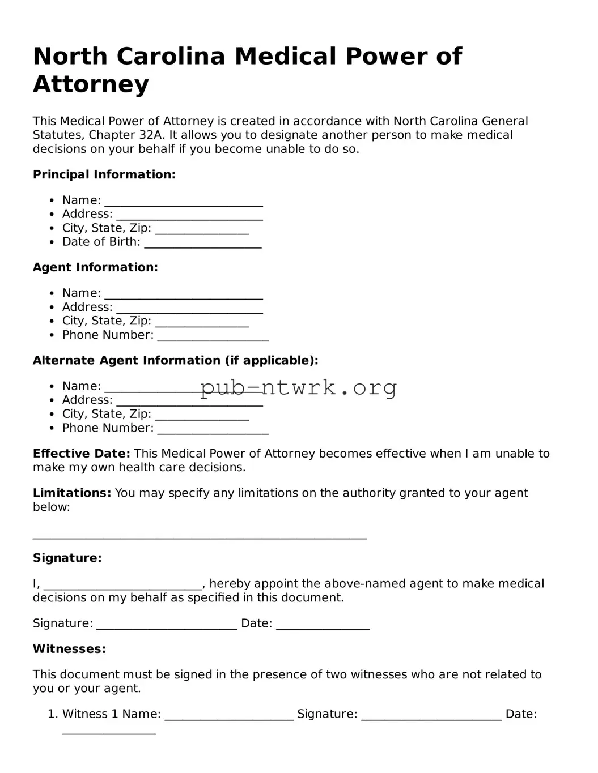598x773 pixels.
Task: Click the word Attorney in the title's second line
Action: [x=91, y=84]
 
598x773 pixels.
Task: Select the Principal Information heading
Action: [x=104, y=174]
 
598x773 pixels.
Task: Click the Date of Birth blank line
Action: [x=202, y=244]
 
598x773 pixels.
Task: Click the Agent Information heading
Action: [x=95, y=267]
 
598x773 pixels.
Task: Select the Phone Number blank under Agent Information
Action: [x=213, y=337]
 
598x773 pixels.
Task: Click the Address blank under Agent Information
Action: [x=189, y=309]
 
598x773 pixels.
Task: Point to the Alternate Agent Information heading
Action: [x=176, y=361]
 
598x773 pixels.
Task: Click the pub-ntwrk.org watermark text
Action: [x=299, y=388]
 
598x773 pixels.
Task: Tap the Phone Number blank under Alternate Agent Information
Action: [x=213, y=430]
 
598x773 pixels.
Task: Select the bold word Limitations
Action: [x=72, y=493]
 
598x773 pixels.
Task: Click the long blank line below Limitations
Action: [x=200, y=536]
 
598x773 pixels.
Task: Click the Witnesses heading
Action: [x=69, y=649]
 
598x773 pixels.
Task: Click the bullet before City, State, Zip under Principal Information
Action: [x=52, y=228]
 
